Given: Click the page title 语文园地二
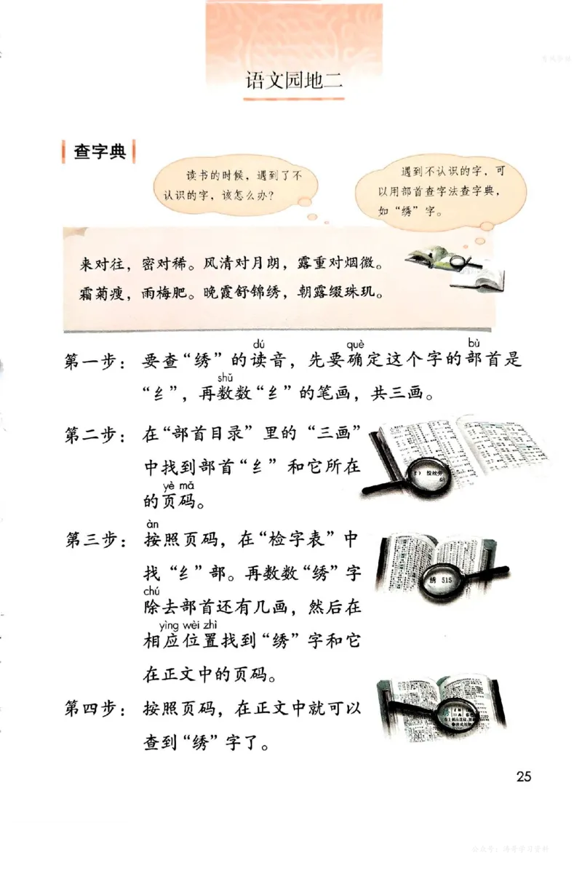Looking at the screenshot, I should pos(294,79).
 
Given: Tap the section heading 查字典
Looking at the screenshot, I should pos(100,152).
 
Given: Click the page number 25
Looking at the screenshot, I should pos(523,776).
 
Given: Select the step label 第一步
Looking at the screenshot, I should pos(90,362).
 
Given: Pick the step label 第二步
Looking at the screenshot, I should pos(90,435).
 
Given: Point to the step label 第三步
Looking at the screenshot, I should pos(90,541).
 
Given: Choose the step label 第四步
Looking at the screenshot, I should pos(90,708).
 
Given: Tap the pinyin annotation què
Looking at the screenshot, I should pos(356,344).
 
